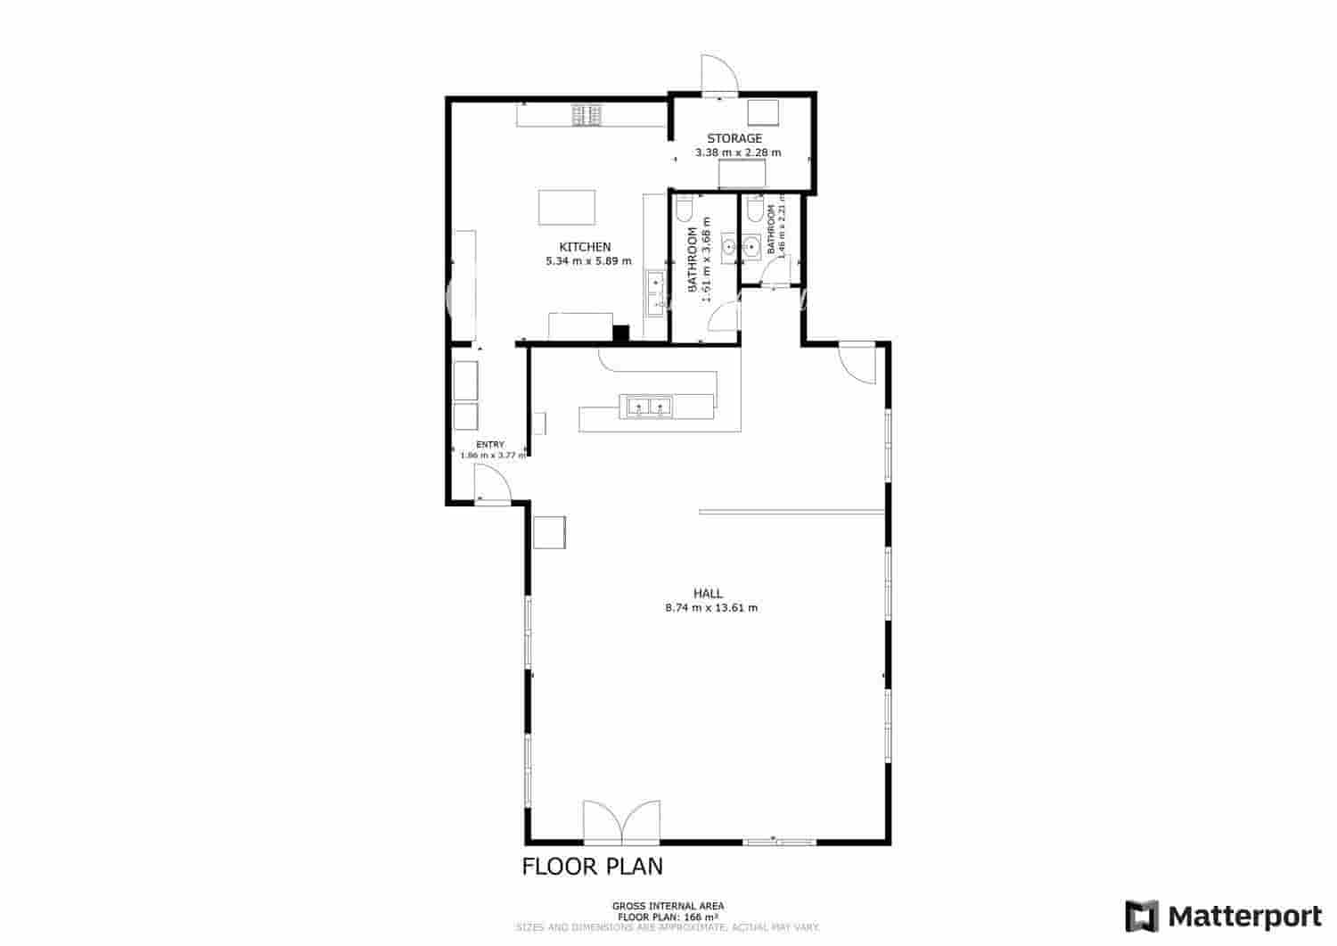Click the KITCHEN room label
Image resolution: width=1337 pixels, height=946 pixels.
pyautogui.click(x=585, y=247)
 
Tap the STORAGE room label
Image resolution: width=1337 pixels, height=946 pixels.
pyautogui.click(x=734, y=138)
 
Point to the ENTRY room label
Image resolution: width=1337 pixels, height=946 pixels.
pyautogui.click(x=490, y=444)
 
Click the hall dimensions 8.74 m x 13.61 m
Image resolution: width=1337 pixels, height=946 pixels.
pyautogui.click(x=711, y=608)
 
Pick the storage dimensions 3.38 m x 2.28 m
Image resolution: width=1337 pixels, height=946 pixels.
pyautogui.click(x=738, y=152)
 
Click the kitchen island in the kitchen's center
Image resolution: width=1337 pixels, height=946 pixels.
pyautogui.click(x=566, y=208)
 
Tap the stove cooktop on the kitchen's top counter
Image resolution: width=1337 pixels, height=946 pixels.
pyautogui.click(x=586, y=115)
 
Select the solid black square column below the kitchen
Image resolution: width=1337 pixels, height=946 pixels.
pyautogui.click(x=620, y=333)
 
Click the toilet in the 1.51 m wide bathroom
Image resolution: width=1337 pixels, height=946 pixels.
pyautogui.click(x=684, y=210)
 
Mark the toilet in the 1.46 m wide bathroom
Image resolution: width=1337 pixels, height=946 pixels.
pyautogui.click(x=754, y=211)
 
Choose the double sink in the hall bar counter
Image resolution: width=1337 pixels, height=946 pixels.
pyautogui.click(x=649, y=407)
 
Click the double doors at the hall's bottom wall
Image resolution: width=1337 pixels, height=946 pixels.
pyautogui.click(x=621, y=822)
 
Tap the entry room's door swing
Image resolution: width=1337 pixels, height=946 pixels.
pyautogui.click(x=491, y=488)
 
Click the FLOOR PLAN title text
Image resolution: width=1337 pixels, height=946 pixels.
pyautogui.click(x=592, y=866)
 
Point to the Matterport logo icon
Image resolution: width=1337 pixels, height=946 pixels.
pyautogui.click(x=1141, y=916)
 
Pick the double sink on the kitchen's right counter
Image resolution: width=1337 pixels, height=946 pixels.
pyautogui.click(x=655, y=292)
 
